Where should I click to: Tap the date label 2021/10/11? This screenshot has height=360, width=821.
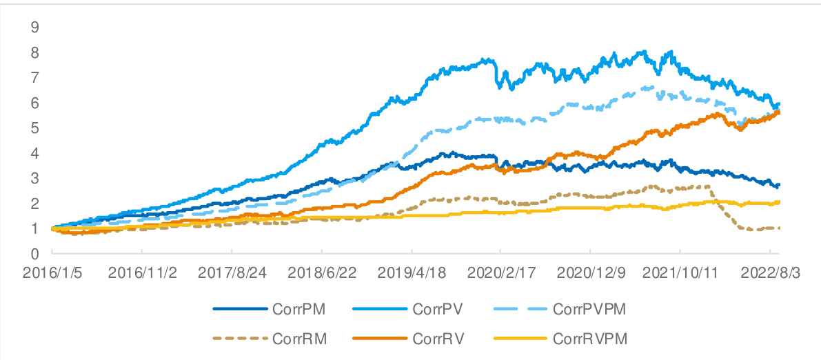click(x=680, y=272)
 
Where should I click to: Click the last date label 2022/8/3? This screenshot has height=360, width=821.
click(x=769, y=272)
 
